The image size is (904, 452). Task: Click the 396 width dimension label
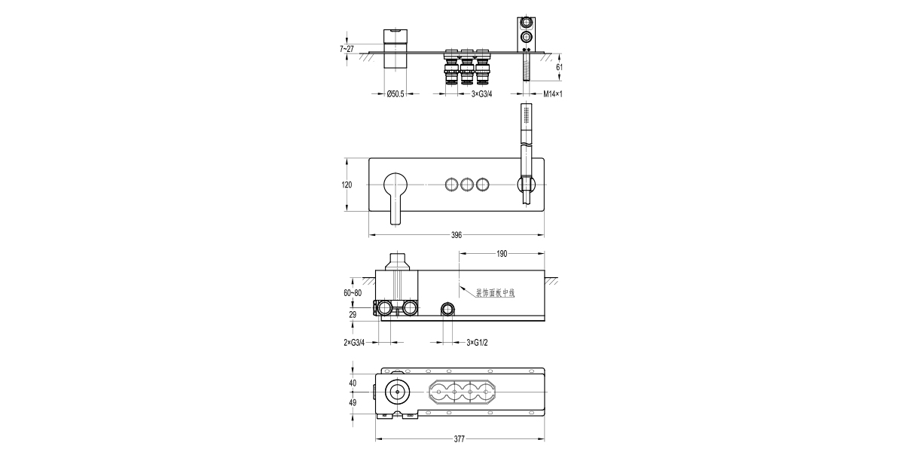click(x=457, y=235)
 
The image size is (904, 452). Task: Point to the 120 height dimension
click(x=347, y=185)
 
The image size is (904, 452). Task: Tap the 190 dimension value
click(x=501, y=254)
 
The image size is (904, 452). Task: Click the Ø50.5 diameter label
click(x=395, y=94)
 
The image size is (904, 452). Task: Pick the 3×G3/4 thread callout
click(x=481, y=94)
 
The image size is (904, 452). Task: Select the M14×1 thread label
click(x=554, y=94)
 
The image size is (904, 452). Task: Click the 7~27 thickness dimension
click(x=347, y=48)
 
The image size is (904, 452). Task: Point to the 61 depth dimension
click(x=559, y=67)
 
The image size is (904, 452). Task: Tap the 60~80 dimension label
click(x=352, y=292)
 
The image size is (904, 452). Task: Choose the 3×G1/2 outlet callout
click(x=478, y=343)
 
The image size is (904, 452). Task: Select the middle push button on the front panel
click(x=467, y=184)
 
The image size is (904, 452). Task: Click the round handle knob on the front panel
click(x=395, y=184)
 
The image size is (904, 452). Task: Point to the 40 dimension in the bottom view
click(x=353, y=383)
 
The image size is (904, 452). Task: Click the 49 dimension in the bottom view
click(x=353, y=403)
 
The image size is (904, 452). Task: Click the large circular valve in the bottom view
click(x=396, y=392)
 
